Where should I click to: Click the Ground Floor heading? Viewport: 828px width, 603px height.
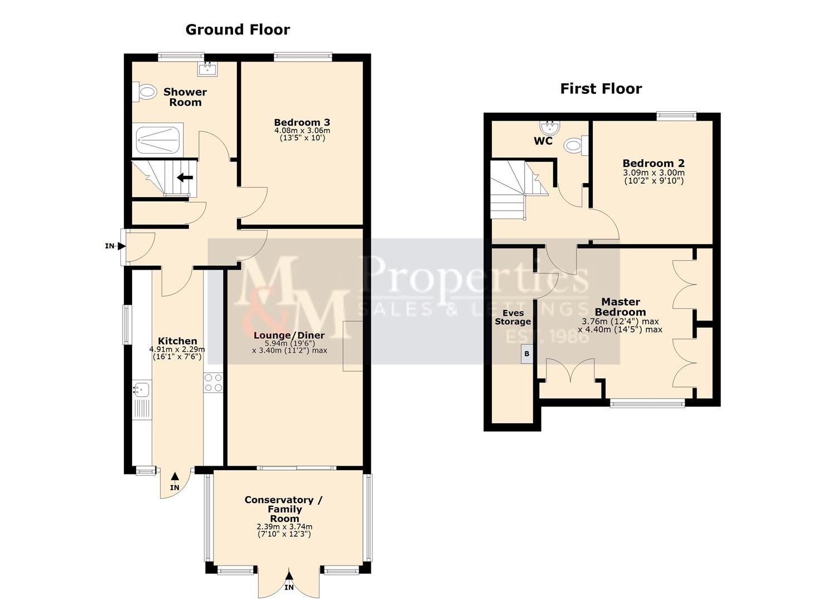point(238,30)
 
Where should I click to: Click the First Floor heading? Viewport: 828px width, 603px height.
point(601,89)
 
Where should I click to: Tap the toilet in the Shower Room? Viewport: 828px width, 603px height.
point(146,92)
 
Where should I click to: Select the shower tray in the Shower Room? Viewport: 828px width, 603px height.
point(158,140)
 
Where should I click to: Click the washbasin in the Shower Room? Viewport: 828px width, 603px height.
point(207,69)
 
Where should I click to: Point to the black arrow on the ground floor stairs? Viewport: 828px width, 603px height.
point(185,178)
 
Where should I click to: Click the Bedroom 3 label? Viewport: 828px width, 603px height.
point(302,122)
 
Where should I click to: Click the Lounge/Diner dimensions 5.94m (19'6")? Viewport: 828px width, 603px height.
point(289,343)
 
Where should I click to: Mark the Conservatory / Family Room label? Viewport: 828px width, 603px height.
point(283,509)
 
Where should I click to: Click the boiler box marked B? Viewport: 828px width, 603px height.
point(526,354)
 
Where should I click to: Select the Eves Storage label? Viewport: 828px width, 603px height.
point(512,317)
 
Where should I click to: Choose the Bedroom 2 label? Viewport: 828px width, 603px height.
point(653,163)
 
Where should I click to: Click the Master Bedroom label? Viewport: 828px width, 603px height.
point(620,307)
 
